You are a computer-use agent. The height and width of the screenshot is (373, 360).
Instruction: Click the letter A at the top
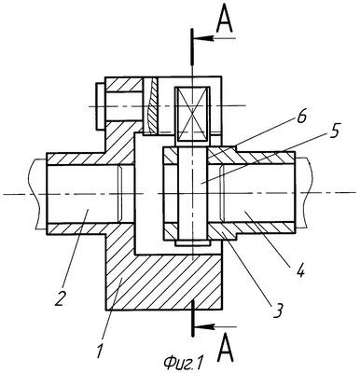[x=225, y=20]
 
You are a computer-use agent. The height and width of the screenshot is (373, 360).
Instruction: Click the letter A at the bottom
[x=226, y=350]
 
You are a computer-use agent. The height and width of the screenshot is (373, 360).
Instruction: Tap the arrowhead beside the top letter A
[x=204, y=38]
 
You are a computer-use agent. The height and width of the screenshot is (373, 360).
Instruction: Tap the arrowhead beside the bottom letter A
[x=204, y=326]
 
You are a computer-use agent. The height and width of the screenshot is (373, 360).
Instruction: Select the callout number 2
[x=60, y=298]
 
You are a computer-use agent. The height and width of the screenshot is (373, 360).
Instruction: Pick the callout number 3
[x=277, y=311]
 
